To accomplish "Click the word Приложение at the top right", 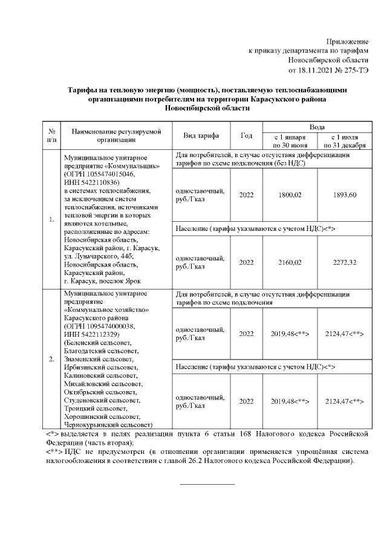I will [x=347, y=40].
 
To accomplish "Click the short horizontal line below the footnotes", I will [x=207, y=484].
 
